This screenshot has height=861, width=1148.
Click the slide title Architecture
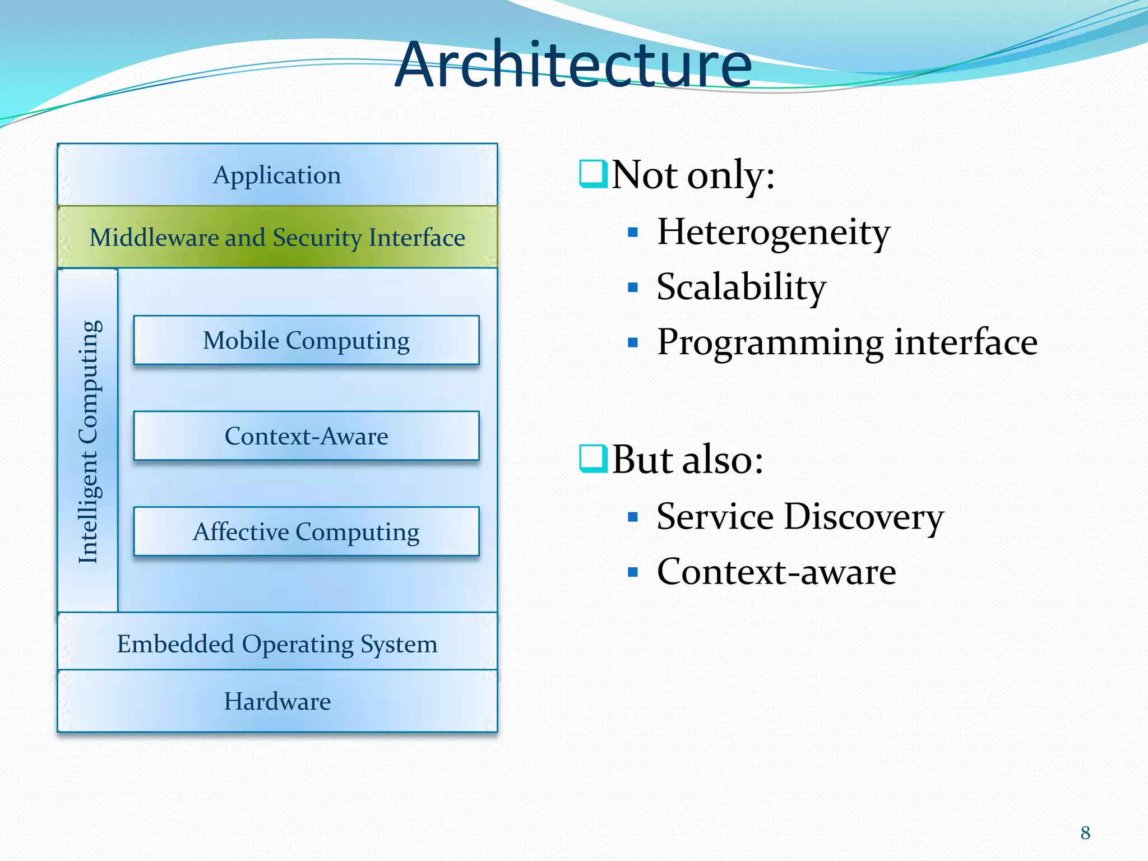click(573, 64)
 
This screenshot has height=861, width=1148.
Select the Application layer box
click(277, 175)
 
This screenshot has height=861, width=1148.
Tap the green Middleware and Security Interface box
click(277, 238)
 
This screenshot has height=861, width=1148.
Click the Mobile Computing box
click(306, 340)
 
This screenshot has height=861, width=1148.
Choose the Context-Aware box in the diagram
click(306, 436)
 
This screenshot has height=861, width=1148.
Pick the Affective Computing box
click(306, 531)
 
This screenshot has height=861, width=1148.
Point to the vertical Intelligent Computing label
click(89, 441)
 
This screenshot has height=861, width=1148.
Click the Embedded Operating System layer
click(277, 644)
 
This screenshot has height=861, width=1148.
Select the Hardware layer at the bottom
click(277, 701)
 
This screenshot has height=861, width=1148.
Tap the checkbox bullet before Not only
click(592, 174)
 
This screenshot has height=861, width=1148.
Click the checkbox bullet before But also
click(592, 458)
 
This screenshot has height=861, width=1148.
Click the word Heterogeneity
click(773, 232)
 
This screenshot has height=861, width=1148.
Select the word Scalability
click(741, 287)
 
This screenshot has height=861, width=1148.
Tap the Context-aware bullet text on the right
click(776, 572)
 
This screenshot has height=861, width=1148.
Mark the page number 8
click(1085, 833)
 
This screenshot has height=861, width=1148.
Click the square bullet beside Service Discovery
click(633, 517)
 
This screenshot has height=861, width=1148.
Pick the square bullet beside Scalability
click(633, 288)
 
